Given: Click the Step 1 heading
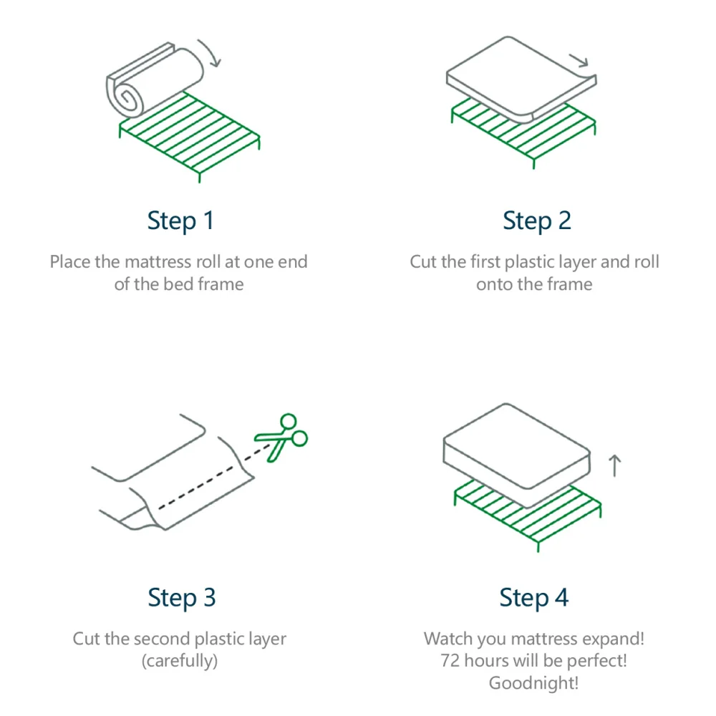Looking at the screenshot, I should (180, 221).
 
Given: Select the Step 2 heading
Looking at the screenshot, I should (536, 221).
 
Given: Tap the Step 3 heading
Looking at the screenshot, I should (181, 597).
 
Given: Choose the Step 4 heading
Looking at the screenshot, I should (533, 597).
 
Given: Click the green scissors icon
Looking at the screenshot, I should (282, 437).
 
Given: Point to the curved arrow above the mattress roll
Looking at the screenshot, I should (211, 52).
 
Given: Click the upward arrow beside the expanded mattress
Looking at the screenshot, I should (614, 465).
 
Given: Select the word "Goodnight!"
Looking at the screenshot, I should (533, 683).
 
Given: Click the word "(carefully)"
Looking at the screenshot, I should (179, 661).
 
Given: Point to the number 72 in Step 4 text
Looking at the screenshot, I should (450, 661).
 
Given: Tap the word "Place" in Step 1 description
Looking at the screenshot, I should (70, 262).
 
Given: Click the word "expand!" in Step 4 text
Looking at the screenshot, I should (615, 639).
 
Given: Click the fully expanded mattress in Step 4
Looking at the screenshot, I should (516, 451).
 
